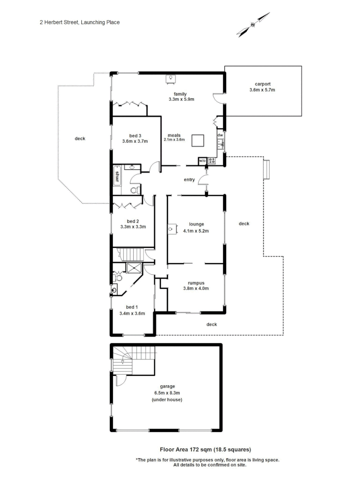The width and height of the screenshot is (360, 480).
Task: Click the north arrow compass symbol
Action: click(253, 25)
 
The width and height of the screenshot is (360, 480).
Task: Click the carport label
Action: click(263, 84)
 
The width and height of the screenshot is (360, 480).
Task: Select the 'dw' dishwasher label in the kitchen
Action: click(220, 135)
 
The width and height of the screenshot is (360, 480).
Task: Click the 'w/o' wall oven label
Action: click(202, 161)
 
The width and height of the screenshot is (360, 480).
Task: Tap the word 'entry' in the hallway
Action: click(190, 180)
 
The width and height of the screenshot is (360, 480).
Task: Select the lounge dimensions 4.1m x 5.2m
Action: click(196, 231)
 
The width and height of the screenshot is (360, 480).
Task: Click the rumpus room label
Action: click(196, 282)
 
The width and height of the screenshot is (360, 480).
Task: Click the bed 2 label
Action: click(133, 221)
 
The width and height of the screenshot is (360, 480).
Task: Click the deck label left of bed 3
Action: click(80, 139)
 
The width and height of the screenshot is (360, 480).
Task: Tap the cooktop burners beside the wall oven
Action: click(212, 161)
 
